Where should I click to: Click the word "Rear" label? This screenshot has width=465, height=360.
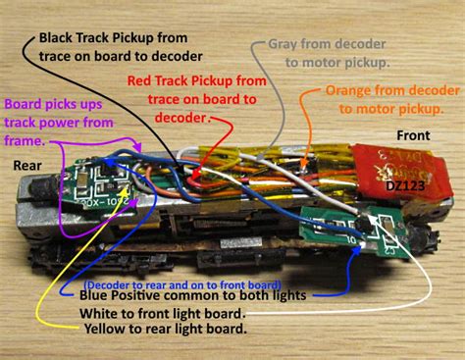click(x=26, y=166)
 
